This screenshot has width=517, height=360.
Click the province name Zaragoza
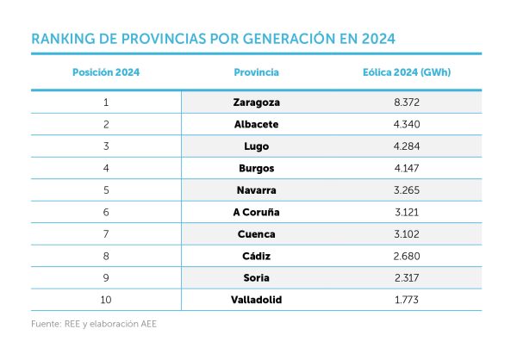[x=256, y=102]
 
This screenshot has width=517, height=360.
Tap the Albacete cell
[x=256, y=124]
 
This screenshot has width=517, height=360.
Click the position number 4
[x=105, y=167]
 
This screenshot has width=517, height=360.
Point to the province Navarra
[x=256, y=189]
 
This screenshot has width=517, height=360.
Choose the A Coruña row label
[x=256, y=211]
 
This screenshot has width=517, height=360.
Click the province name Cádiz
[x=256, y=255]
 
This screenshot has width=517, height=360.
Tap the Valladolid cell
[x=256, y=299]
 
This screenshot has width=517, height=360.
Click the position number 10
[x=105, y=299]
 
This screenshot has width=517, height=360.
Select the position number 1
[x=105, y=102]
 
